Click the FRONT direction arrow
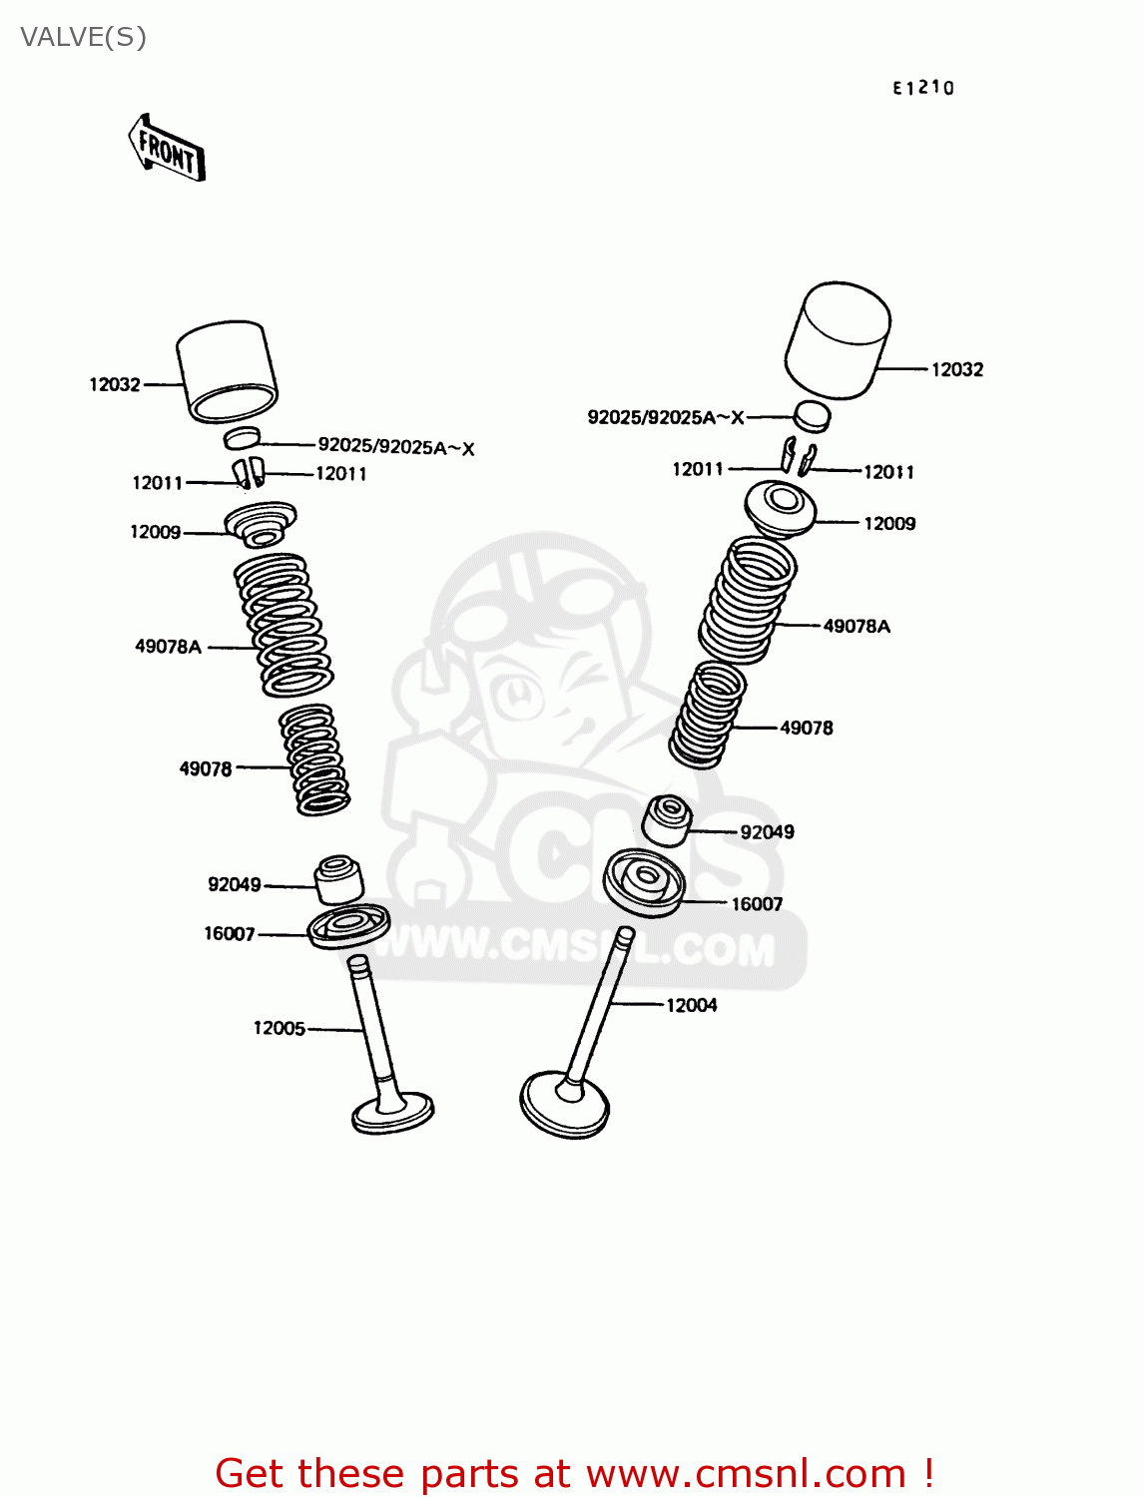tap(167, 149)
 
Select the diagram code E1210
tap(922, 88)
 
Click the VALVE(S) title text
tap(84, 37)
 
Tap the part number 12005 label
tap(279, 1028)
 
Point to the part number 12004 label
tap(691, 1005)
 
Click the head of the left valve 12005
tap(392, 1112)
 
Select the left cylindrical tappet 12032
tap(228, 370)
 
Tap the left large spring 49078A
tap(284, 625)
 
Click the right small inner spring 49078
tap(709, 716)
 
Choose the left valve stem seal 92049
tap(339, 878)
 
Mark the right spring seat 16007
tap(645, 881)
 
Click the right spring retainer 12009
tap(780, 508)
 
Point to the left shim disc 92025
tap(242, 437)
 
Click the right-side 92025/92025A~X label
tap(666, 417)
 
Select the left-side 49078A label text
tap(168, 647)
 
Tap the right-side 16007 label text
tap(757, 904)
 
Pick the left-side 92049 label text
tap(234, 884)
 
